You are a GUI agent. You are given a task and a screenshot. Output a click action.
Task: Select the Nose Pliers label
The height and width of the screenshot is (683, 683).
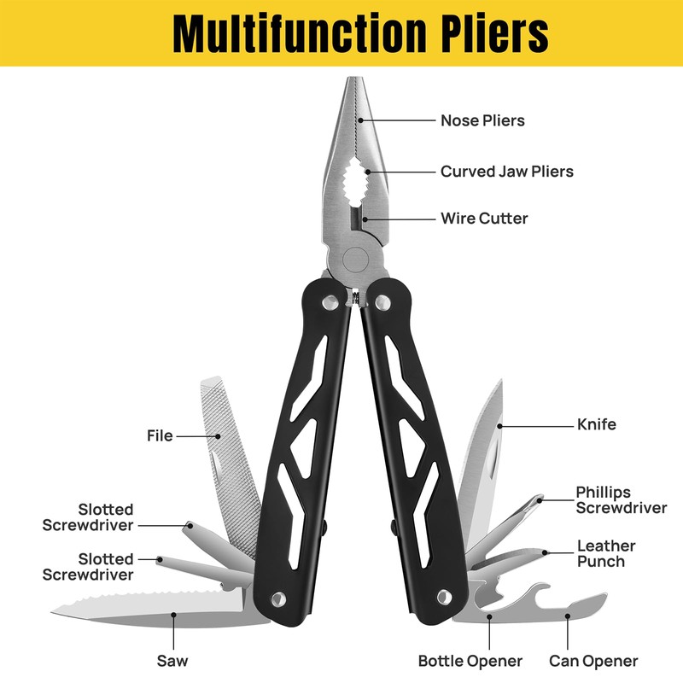pyautogui.click(x=482, y=120)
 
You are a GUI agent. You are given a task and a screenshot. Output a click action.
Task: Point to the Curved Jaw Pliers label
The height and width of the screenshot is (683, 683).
pyautogui.click(x=506, y=172)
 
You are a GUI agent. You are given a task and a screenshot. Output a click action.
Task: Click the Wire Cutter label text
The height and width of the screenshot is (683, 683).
pyautogui.click(x=484, y=219)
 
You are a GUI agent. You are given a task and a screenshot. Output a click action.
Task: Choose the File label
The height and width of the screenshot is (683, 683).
pyautogui.click(x=160, y=435)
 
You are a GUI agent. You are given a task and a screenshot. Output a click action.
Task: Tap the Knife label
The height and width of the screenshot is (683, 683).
pyautogui.click(x=596, y=424)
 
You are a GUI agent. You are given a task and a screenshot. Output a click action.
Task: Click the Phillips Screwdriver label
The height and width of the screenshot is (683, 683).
pyautogui.click(x=621, y=500)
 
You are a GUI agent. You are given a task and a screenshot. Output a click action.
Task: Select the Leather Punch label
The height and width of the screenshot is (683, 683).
pyautogui.click(x=606, y=553)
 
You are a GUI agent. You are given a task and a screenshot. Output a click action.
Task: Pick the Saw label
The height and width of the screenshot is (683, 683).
pyautogui.click(x=172, y=660)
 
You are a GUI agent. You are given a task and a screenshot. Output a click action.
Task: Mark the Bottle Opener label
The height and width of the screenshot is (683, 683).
pyautogui.click(x=470, y=661)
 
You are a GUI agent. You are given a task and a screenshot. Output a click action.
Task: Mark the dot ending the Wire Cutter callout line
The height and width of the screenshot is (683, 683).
pyautogui.click(x=365, y=219)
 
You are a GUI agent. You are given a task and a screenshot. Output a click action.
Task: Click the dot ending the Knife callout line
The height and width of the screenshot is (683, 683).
pyautogui.click(x=500, y=424)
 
